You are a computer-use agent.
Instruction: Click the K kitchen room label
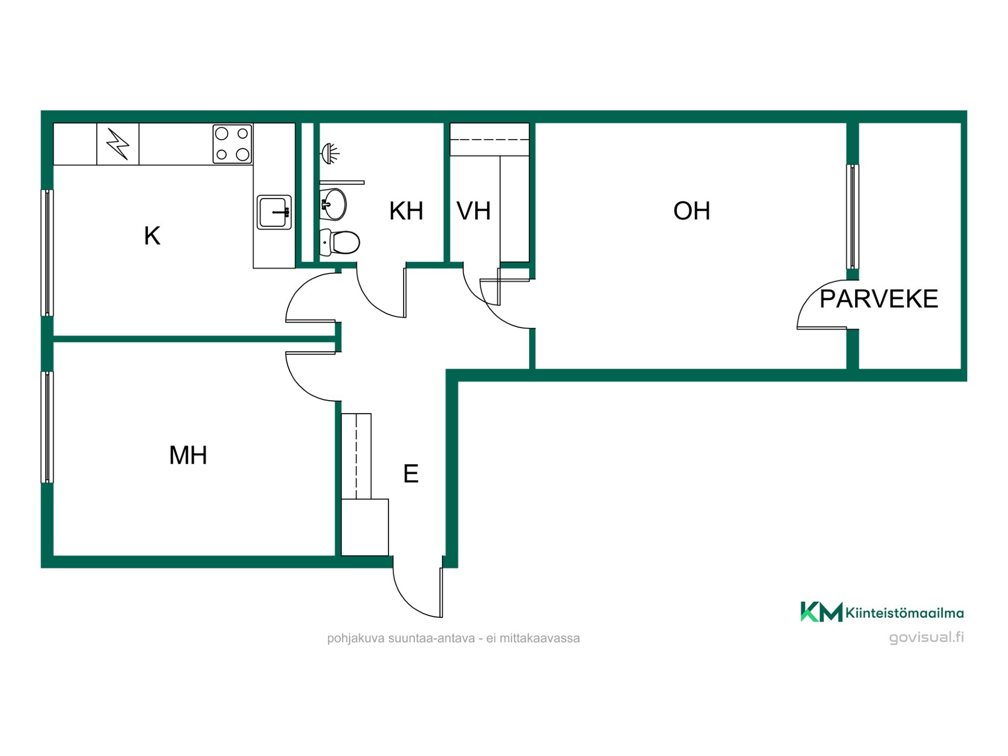click(x=152, y=236)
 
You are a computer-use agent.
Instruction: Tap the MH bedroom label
click(x=188, y=455)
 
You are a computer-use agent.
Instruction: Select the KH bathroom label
click(x=406, y=211)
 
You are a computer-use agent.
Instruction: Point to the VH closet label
click(x=474, y=211)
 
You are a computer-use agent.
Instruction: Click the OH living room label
click(x=691, y=211)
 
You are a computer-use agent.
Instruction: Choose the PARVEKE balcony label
click(x=879, y=299)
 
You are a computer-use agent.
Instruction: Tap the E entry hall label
click(x=411, y=474)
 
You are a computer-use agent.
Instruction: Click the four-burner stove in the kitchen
click(x=232, y=144)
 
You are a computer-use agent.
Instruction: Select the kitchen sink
click(x=274, y=212)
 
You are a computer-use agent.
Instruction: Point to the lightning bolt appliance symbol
click(x=118, y=144)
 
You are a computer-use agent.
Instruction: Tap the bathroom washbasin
click(x=333, y=204)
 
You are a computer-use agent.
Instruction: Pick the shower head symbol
click(x=330, y=153)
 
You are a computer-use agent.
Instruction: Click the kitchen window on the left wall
click(x=47, y=253)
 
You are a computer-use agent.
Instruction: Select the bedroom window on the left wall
click(x=47, y=427)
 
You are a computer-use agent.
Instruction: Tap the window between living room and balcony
click(x=853, y=217)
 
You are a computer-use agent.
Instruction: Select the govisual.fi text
click(x=927, y=637)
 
